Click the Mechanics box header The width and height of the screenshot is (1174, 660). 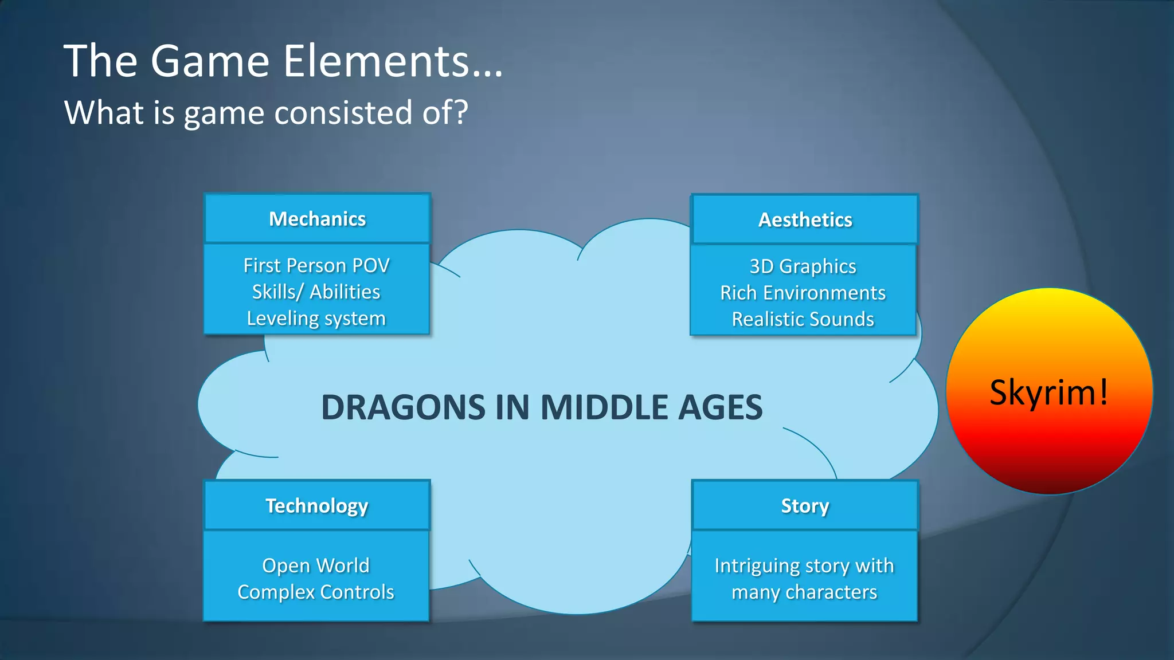point(317,219)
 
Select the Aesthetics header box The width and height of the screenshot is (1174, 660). point(805,220)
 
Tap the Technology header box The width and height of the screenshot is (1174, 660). point(317,506)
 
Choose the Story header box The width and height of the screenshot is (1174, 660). point(805,506)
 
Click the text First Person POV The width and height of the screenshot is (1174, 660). point(316,266)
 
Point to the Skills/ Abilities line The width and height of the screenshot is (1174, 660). point(316,292)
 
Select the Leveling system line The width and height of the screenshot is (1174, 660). point(316,319)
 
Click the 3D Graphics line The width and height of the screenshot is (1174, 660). point(803,266)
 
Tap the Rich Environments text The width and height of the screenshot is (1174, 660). point(803,293)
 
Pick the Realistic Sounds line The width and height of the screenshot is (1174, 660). point(803,319)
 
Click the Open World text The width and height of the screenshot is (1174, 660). point(316,565)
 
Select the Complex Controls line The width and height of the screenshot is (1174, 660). point(316,592)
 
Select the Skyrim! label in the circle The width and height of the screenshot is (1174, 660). point(1049,392)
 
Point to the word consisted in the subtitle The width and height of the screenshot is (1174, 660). point(343,112)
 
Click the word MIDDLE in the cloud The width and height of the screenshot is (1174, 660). point(602,407)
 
